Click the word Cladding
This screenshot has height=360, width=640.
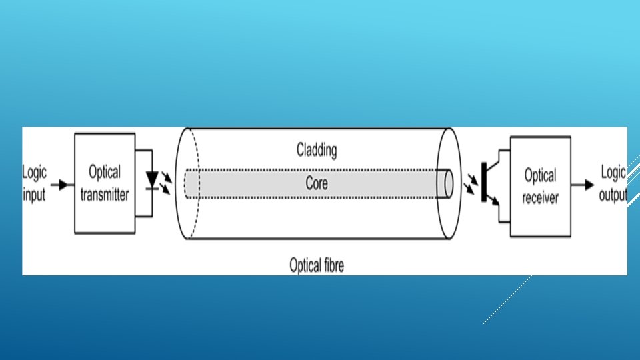click(317, 150)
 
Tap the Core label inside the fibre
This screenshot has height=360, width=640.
click(317, 183)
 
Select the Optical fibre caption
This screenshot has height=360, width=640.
click(317, 265)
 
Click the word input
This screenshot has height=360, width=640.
click(34, 194)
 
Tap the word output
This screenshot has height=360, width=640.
click(613, 194)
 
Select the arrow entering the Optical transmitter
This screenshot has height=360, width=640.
click(61, 185)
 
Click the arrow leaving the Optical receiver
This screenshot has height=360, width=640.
click(583, 185)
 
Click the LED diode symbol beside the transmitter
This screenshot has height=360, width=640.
click(152, 181)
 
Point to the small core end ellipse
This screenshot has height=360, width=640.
click(449, 183)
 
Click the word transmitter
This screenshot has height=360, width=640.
click(105, 195)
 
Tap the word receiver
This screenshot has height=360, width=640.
click(541, 198)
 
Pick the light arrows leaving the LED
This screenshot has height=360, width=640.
click(166, 183)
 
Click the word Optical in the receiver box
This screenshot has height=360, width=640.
click(541, 176)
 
